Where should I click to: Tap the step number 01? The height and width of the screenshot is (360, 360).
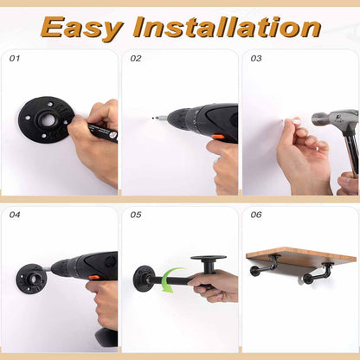pyautogui.click(x=15, y=59)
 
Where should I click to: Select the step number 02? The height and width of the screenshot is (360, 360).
pyautogui.click(x=136, y=59)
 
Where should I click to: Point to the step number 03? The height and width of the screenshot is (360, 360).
pyautogui.click(x=255, y=59)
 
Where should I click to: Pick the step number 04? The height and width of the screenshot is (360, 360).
pyautogui.click(x=15, y=215)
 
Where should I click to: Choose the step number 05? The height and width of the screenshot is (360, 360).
pyautogui.click(x=136, y=215)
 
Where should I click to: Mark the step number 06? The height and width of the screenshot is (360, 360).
pyautogui.click(x=255, y=215)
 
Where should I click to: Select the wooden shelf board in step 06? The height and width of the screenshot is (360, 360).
pyautogui.click(x=300, y=256)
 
